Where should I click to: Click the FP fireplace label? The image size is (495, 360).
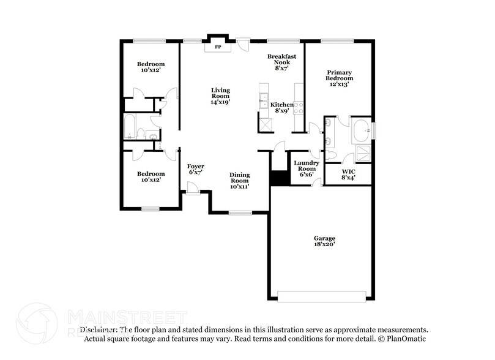tap(217, 47)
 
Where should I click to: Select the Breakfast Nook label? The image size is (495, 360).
tap(281, 62)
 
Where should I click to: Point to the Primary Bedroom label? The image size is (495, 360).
tap(339, 78)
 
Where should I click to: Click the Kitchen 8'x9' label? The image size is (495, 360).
tap(281, 108)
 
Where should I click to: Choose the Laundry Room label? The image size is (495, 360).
tap(306, 168)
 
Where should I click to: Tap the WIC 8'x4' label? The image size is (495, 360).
tap(348, 174)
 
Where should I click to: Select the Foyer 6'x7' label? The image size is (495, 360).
tap(195, 169)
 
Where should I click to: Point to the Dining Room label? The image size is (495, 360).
tap(239, 180)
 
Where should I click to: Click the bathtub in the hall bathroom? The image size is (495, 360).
tap(130, 127)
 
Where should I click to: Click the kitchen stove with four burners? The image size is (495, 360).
tap(299, 108)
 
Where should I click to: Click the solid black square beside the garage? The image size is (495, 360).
tap(279, 177)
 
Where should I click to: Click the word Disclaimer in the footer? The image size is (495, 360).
tap(97, 329)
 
